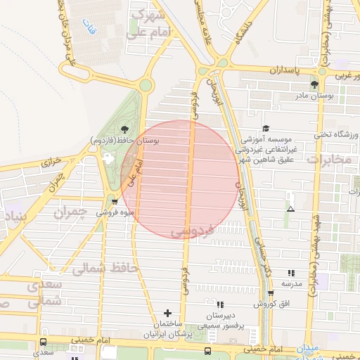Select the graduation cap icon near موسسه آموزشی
point(266,128)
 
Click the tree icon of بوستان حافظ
point(124,129)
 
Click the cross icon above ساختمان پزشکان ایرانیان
point(167,312)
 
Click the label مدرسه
point(292,283)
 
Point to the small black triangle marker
point(290,209)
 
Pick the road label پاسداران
point(288,71)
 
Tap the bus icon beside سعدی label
point(44,342)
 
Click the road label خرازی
point(52,161)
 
